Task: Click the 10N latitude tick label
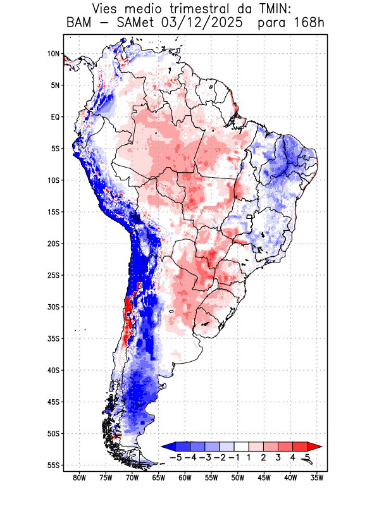tap(53, 54)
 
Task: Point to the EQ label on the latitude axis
tap(55, 117)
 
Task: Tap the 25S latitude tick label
tap(53, 275)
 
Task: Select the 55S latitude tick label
tap(53, 465)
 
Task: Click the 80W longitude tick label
tap(79, 478)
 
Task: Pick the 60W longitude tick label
tap(185, 478)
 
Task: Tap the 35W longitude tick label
tap(317, 478)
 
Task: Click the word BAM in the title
tap(79, 23)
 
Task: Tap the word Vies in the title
tap(108, 9)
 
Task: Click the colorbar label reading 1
tap(249, 457)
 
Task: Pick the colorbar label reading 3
tap(278, 457)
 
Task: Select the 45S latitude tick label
tap(53, 402)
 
